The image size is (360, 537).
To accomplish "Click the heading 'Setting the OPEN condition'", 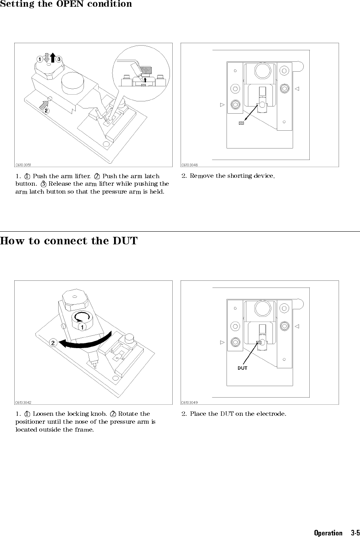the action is click(x=66, y=4).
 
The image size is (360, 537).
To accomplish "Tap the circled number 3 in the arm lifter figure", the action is click(x=59, y=59).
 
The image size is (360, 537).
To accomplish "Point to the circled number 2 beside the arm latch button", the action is click(x=46, y=110).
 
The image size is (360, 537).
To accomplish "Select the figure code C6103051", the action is click(x=23, y=164).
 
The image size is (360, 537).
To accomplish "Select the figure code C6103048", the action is click(x=190, y=164).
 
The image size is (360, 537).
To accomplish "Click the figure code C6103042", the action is click(x=23, y=402).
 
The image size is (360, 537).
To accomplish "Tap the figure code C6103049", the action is click(x=190, y=402).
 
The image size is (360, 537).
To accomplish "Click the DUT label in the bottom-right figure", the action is click(x=242, y=368).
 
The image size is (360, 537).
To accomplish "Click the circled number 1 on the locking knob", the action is click(x=81, y=328).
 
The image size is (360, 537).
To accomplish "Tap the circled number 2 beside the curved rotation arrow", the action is click(x=52, y=343).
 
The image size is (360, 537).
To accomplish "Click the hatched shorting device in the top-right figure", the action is click(x=241, y=123).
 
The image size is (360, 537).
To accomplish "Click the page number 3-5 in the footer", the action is click(x=355, y=533).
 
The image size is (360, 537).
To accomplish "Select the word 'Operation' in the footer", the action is click(x=328, y=533).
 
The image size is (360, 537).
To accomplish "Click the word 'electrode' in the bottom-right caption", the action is click(x=272, y=414).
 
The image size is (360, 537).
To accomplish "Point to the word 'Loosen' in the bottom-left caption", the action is click(x=42, y=414).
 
